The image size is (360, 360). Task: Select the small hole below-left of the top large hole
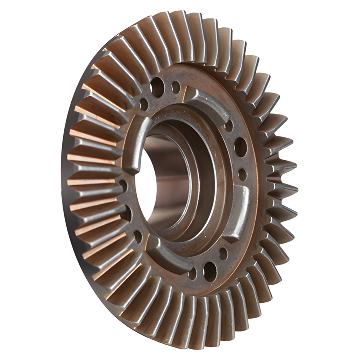[x=144, y=104]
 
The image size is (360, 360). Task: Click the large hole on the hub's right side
[x=241, y=147]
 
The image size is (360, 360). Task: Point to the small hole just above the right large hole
[x=229, y=125]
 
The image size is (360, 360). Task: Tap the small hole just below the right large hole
[x=243, y=174]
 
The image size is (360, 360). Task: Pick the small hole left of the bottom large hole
[x=193, y=273]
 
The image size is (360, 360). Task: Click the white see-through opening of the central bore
[x=146, y=182]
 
